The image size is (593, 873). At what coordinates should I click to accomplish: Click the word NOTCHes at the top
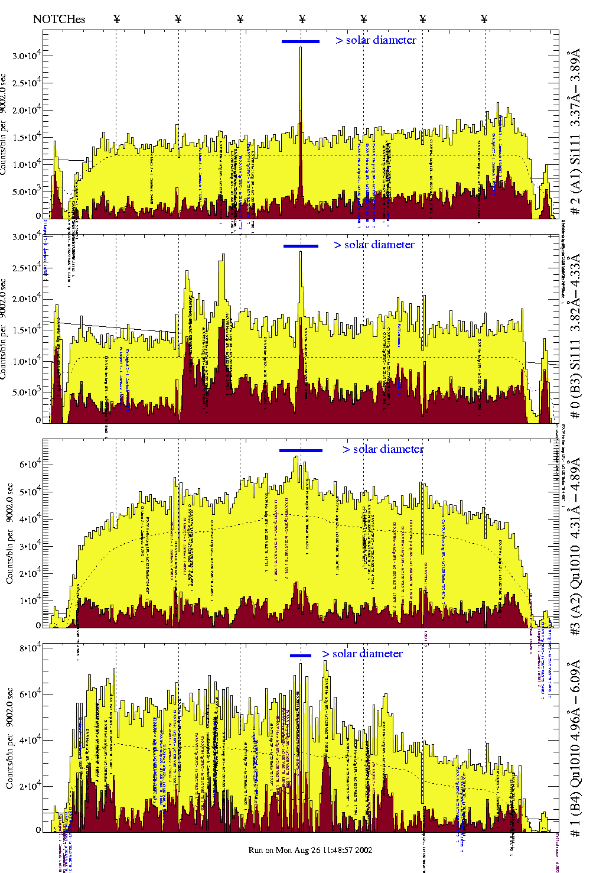click(59, 19)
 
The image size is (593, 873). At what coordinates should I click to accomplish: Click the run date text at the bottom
click(310, 850)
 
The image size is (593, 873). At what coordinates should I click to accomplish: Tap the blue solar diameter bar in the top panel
click(301, 41)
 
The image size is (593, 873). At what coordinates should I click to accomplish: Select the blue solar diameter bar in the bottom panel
click(301, 655)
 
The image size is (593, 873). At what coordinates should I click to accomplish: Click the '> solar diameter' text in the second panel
click(374, 245)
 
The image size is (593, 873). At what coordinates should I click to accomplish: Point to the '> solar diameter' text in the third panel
click(383, 449)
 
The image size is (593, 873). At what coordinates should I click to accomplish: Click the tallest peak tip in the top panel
click(301, 47)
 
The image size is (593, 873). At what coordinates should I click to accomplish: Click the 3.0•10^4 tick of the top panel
click(26, 56)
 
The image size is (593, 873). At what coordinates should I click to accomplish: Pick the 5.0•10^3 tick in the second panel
click(26, 392)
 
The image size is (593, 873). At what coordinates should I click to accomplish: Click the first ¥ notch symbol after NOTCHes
click(117, 19)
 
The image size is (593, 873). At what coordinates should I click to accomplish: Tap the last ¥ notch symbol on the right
click(484, 19)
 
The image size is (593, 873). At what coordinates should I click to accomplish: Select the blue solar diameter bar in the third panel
click(301, 450)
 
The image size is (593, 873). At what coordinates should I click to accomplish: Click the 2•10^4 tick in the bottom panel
click(30, 786)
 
